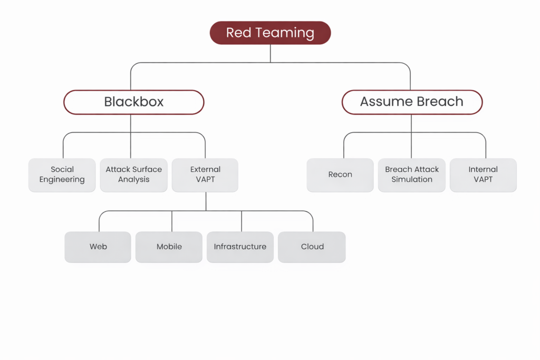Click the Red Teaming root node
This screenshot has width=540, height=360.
pyautogui.click(x=270, y=33)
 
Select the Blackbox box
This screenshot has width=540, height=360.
pyautogui.click(x=133, y=102)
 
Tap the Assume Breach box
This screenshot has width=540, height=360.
pyautogui.click(x=412, y=102)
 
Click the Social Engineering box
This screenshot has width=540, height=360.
pyautogui.click(x=62, y=174)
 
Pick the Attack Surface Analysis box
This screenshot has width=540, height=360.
pyautogui.click(x=133, y=174)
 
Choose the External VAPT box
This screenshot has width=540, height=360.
pyautogui.click(x=205, y=174)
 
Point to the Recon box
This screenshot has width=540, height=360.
pyautogui.click(x=340, y=174)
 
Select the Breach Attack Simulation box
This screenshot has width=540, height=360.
pyautogui.click(x=412, y=174)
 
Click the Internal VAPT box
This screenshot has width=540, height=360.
pyautogui.click(x=483, y=174)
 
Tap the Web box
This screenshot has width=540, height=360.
pyautogui.click(x=98, y=247)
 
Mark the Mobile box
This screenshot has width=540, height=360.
pyautogui.click(x=169, y=247)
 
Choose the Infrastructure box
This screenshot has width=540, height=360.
pyautogui.click(x=240, y=247)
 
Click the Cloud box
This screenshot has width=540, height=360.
pyautogui.click(x=312, y=247)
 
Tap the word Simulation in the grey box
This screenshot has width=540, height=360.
pyautogui.click(x=412, y=180)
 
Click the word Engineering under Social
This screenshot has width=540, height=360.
pyautogui.click(x=62, y=180)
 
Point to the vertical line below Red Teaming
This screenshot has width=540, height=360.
pyautogui.click(x=270, y=53)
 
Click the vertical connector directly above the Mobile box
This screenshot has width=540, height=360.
pyautogui.click(x=171, y=221)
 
